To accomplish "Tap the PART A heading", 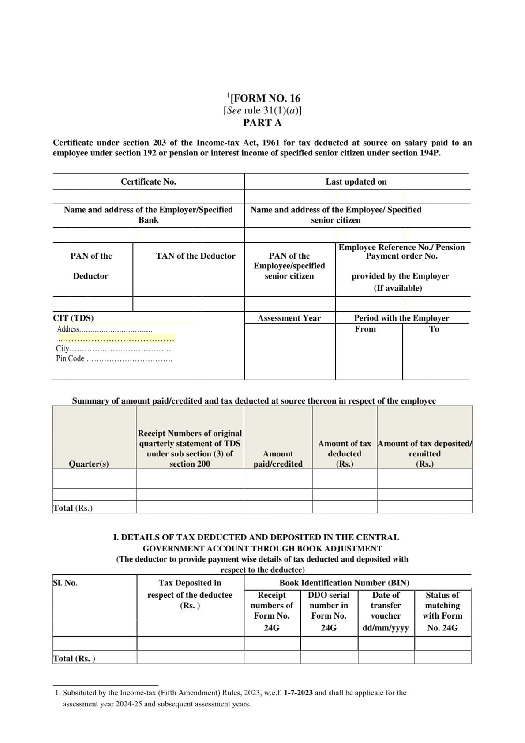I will click(262, 123).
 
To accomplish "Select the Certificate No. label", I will click(148, 181).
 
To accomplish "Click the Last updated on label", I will click(356, 181).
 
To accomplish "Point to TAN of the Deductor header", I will click(195, 256).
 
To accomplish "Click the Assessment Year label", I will click(289, 318).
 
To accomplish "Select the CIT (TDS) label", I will click(73, 318).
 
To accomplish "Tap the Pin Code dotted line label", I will click(114, 359).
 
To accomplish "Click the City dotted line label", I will click(113, 349).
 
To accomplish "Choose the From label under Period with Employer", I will click(365, 329).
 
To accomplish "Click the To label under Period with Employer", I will click(434, 329).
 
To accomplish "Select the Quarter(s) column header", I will click(89, 464).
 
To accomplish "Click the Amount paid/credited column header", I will click(278, 459).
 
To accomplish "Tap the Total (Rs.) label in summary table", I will click(73, 508).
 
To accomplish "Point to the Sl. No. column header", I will click(65, 583).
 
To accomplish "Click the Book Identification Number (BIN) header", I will click(344, 583).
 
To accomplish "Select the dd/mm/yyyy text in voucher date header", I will click(386, 628).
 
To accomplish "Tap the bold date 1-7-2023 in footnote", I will click(298, 693).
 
